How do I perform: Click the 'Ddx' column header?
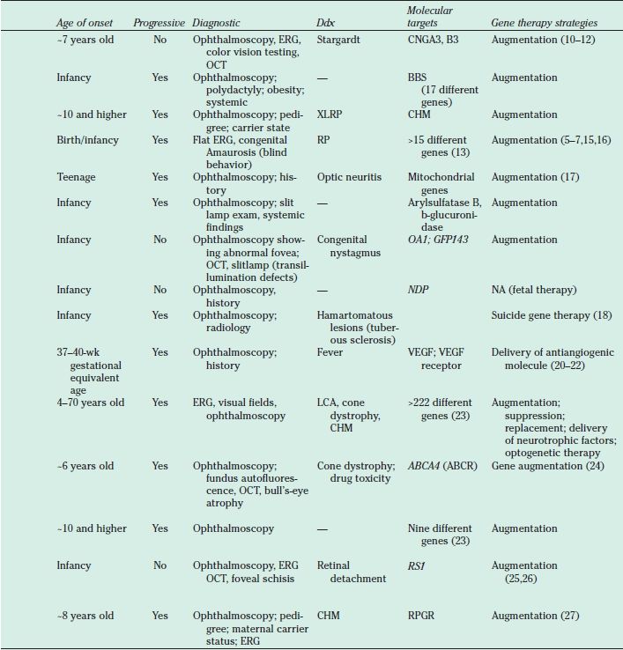tap(325, 21)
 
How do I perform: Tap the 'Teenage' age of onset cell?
tap(76, 177)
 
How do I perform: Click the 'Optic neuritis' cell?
tap(349, 177)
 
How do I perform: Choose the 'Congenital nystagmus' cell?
tap(345, 246)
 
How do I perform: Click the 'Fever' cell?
tap(330, 351)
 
